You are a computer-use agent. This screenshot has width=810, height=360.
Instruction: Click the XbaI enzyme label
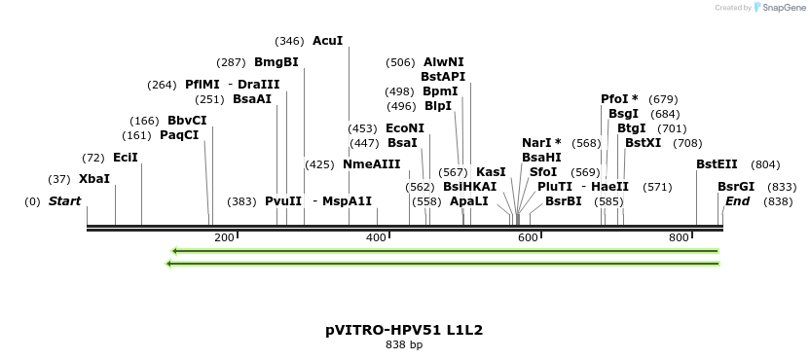(94, 179)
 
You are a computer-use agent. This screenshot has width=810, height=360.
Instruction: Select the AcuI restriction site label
(327, 41)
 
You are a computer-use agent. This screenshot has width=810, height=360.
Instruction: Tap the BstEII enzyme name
(717, 164)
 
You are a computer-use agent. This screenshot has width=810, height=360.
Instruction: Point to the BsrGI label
(736, 187)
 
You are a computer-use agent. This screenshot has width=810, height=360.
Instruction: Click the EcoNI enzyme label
(405, 128)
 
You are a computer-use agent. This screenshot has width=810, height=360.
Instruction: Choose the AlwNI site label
(444, 62)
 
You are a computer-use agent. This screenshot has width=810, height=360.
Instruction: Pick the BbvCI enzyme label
(187, 121)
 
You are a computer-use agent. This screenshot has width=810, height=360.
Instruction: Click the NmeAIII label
(371, 164)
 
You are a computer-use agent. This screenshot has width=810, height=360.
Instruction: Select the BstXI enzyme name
(643, 143)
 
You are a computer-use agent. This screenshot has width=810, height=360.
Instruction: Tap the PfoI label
(619, 99)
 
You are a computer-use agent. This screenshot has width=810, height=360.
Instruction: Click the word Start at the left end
(65, 201)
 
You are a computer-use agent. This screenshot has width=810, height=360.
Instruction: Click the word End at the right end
(737, 201)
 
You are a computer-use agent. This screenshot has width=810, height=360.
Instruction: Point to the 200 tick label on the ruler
(224, 237)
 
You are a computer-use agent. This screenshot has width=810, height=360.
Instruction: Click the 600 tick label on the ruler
(528, 237)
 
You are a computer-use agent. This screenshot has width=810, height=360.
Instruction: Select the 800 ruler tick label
(680, 237)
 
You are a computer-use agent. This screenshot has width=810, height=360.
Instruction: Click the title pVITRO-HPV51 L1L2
(404, 330)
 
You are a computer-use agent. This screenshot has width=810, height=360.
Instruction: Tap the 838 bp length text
(404, 345)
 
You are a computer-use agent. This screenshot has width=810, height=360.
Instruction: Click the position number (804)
(765, 164)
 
